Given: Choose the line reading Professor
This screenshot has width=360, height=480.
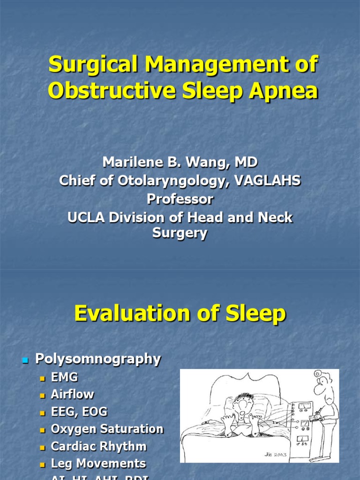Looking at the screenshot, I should click(180, 199).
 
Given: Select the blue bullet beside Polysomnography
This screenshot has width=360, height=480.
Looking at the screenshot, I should click(26, 360).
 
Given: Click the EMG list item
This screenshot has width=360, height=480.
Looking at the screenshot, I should click(65, 377).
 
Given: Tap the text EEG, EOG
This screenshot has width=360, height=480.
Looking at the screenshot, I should click(79, 412).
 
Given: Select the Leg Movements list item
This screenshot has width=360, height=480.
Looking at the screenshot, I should click(98, 464).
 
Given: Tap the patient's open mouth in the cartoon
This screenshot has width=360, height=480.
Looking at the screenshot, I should click(241, 405).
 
